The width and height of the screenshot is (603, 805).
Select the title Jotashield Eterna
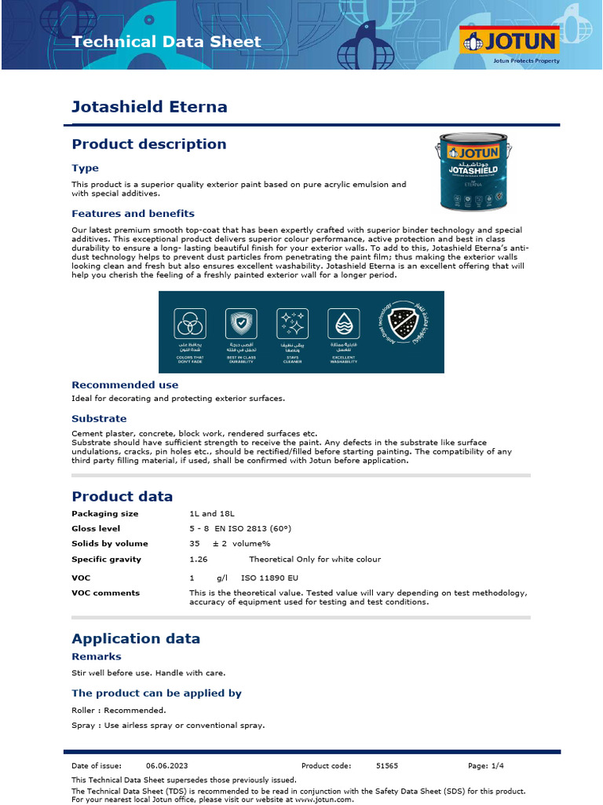click(x=149, y=106)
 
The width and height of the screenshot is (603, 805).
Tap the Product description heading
click(x=149, y=144)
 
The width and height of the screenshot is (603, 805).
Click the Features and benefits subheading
click(x=133, y=214)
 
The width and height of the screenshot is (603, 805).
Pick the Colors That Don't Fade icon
click(x=189, y=323)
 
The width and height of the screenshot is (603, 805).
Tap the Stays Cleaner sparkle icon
click(x=292, y=323)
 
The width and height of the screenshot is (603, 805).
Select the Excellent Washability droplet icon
click(x=343, y=323)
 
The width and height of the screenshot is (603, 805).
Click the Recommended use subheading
click(x=125, y=385)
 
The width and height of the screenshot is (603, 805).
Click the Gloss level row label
click(x=96, y=528)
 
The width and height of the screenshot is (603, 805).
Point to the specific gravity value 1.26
click(x=199, y=559)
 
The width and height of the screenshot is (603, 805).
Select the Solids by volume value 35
click(x=195, y=543)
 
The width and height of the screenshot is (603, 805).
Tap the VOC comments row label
click(x=105, y=593)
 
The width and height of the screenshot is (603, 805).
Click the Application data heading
click(x=136, y=638)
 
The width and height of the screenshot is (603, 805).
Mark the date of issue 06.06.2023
click(x=167, y=765)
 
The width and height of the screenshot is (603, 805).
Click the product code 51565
click(x=387, y=765)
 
